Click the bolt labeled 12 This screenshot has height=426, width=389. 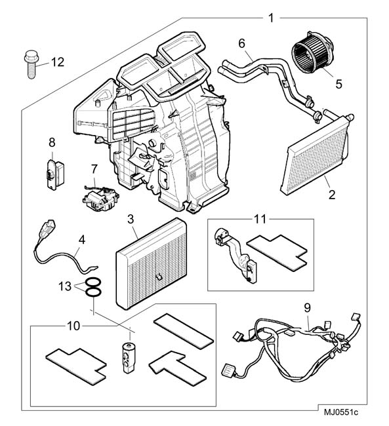pos(31,64)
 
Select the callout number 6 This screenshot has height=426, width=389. pos(242,43)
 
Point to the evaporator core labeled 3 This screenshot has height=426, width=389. pos(152,263)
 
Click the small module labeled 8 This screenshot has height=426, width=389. pos(55,174)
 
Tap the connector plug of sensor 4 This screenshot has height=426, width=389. pos(48,229)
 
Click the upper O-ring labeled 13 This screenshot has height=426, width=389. pos(93,283)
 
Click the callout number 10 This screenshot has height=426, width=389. pos(73,326)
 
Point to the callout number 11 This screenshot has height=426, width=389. pos(260,219)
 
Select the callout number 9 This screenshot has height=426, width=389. pos(307,307)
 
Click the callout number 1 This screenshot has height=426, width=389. pos(271,18)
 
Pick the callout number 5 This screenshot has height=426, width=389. pos(338,84)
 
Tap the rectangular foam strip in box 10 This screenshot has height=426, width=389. pos(183,332)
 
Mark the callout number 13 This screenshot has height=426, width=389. pos(65,286)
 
